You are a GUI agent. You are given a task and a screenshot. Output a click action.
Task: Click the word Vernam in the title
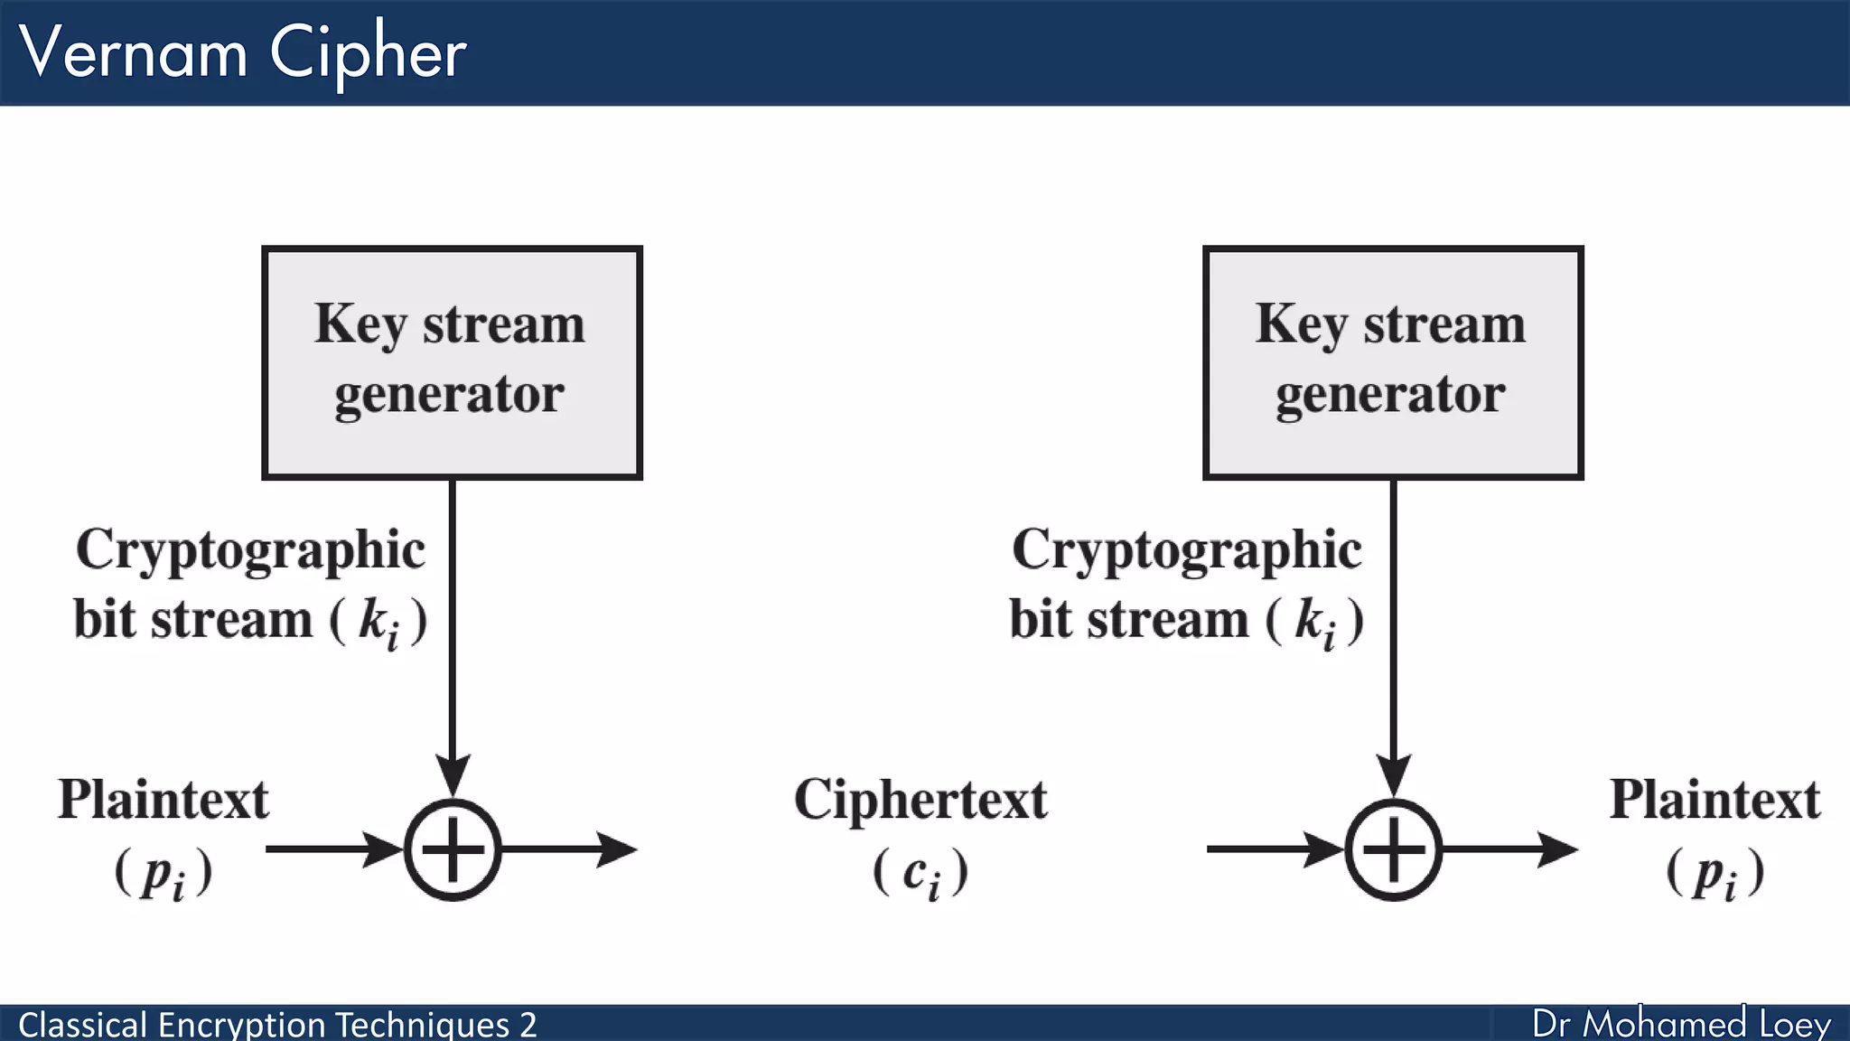(134, 52)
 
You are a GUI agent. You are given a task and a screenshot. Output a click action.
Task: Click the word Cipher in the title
(368, 52)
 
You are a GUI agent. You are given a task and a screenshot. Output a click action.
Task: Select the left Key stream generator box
(452, 361)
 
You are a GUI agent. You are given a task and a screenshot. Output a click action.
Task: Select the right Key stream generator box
(1392, 361)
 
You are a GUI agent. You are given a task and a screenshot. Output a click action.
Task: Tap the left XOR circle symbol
(452, 849)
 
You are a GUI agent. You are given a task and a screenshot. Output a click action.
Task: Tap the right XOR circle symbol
(1392, 849)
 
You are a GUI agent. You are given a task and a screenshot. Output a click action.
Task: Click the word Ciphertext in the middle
(920, 801)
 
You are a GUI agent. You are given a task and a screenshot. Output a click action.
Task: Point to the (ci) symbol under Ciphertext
(920, 873)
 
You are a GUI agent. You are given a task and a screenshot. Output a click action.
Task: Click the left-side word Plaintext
(164, 801)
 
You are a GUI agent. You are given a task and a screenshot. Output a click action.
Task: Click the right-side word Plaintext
(1715, 801)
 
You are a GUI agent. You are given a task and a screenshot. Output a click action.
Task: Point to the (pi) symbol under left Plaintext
(164, 873)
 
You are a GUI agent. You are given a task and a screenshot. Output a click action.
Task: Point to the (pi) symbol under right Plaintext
(1715, 873)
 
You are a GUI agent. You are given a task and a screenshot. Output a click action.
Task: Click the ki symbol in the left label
(379, 622)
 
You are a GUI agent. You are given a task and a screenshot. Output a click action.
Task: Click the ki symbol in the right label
(1315, 622)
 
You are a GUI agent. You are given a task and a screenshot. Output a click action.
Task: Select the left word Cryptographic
(250, 549)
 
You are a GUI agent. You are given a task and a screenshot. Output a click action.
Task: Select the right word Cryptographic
(1186, 549)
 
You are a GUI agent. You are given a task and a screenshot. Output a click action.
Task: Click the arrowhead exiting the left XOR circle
(619, 849)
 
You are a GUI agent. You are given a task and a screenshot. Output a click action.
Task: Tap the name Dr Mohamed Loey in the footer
(1680, 1024)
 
